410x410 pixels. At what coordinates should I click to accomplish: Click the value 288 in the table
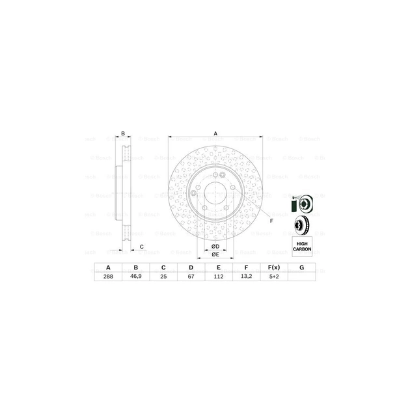click(x=108, y=276)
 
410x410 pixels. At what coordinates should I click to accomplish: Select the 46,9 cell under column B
click(x=136, y=276)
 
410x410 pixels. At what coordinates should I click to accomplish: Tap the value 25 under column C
click(x=163, y=276)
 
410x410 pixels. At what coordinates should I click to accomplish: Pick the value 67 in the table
click(x=191, y=276)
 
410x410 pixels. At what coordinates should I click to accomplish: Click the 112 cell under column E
click(x=218, y=276)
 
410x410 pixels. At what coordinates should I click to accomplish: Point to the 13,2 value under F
click(x=246, y=276)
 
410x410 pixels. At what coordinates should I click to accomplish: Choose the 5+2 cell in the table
click(x=273, y=276)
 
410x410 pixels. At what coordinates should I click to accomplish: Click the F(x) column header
click(x=273, y=267)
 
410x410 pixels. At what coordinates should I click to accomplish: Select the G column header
click(x=301, y=267)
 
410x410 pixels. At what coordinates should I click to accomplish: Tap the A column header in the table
click(x=108, y=267)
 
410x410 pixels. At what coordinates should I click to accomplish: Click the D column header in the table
click(x=191, y=267)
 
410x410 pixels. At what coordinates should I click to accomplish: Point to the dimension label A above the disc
click(x=215, y=133)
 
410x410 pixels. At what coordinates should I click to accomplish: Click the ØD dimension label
click(x=215, y=245)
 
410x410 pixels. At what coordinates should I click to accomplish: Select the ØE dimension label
click(x=215, y=256)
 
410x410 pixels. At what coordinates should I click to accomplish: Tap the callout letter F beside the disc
click(x=271, y=222)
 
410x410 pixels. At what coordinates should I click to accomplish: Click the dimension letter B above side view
click(x=122, y=133)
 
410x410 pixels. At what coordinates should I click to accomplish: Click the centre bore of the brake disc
click(x=215, y=193)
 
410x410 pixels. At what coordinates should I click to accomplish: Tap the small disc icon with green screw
click(x=301, y=204)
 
